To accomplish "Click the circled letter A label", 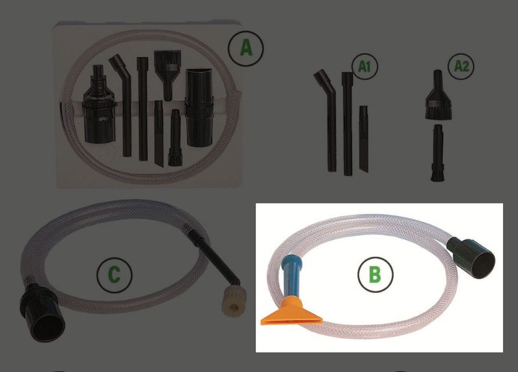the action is pyautogui.click(x=246, y=49).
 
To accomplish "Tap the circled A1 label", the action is pyautogui.click(x=364, y=67).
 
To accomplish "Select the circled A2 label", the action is pyautogui.click(x=461, y=66).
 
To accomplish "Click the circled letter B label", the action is pyautogui.click(x=376, y=274).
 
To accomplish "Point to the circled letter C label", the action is pyautogui.click(x=115, y=274).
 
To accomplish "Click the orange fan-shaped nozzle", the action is pyautogui.click(x=291, y=312).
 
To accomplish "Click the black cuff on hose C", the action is pyautogui.click(x=41, y=312).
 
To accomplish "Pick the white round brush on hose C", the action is pyautogui.click(x=232, y=301).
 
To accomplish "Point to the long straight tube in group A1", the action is pyautogui.click(x=348, y=124).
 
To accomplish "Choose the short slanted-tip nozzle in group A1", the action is pyautogui.click(x=364, y=138).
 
